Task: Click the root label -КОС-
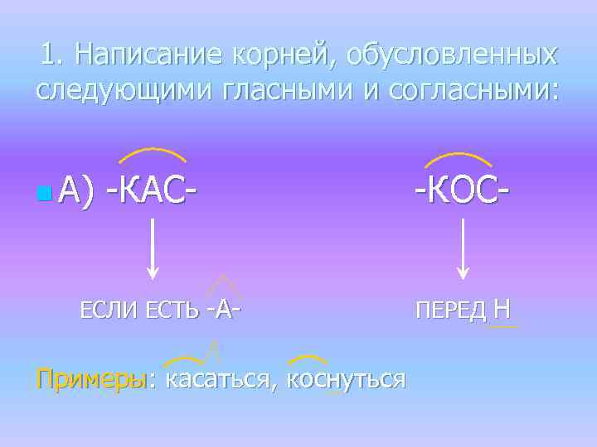click(x=462, y=190)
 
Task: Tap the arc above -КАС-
click(x=153, y=153)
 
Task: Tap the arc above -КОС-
click(x=464, y=156)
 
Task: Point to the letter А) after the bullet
click(x=74, y=192)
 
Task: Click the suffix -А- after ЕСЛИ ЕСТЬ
click(x=225, y=310)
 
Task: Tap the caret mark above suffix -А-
click(x=223, y=286)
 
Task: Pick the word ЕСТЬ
click(x=172, y=311)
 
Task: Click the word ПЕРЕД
click(x=452, y=311)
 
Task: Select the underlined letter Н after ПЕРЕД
click(x=501, y=310)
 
